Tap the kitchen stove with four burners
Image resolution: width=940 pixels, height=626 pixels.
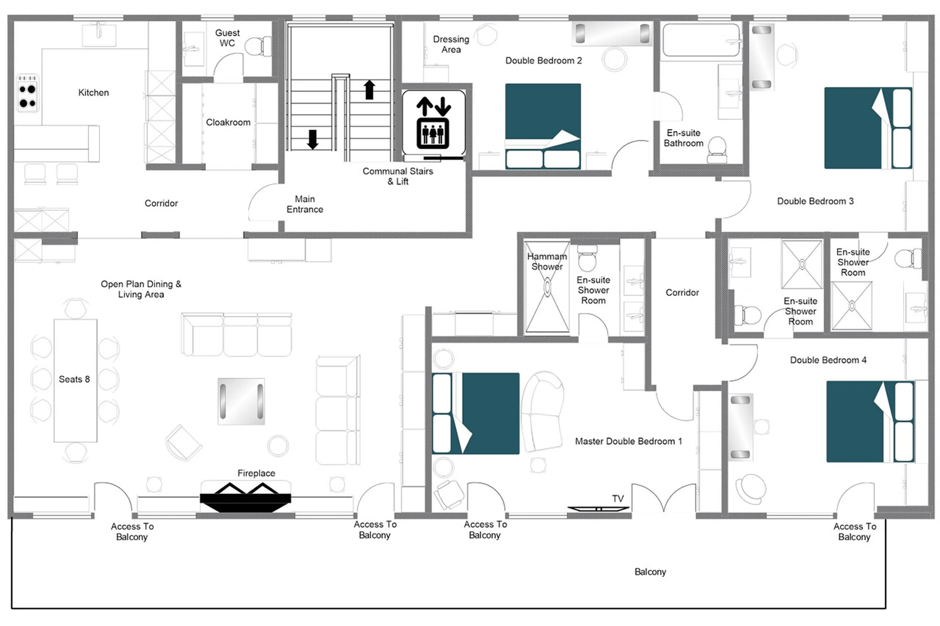tap(27, 93)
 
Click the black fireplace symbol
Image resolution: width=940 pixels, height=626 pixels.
tap(245, 497)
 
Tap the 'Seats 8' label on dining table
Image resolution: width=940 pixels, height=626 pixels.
tap(74, 379)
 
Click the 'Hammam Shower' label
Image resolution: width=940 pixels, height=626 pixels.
tap(547, 262)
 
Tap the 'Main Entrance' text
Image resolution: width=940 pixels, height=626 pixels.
tap(305, 204)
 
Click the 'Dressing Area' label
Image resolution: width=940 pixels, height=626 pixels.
tap(451, 44)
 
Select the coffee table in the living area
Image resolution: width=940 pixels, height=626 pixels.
tap(241, 401)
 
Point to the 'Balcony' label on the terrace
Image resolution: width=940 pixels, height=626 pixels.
tap(650, 572)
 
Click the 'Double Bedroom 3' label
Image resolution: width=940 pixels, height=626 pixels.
tap(815, 201)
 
